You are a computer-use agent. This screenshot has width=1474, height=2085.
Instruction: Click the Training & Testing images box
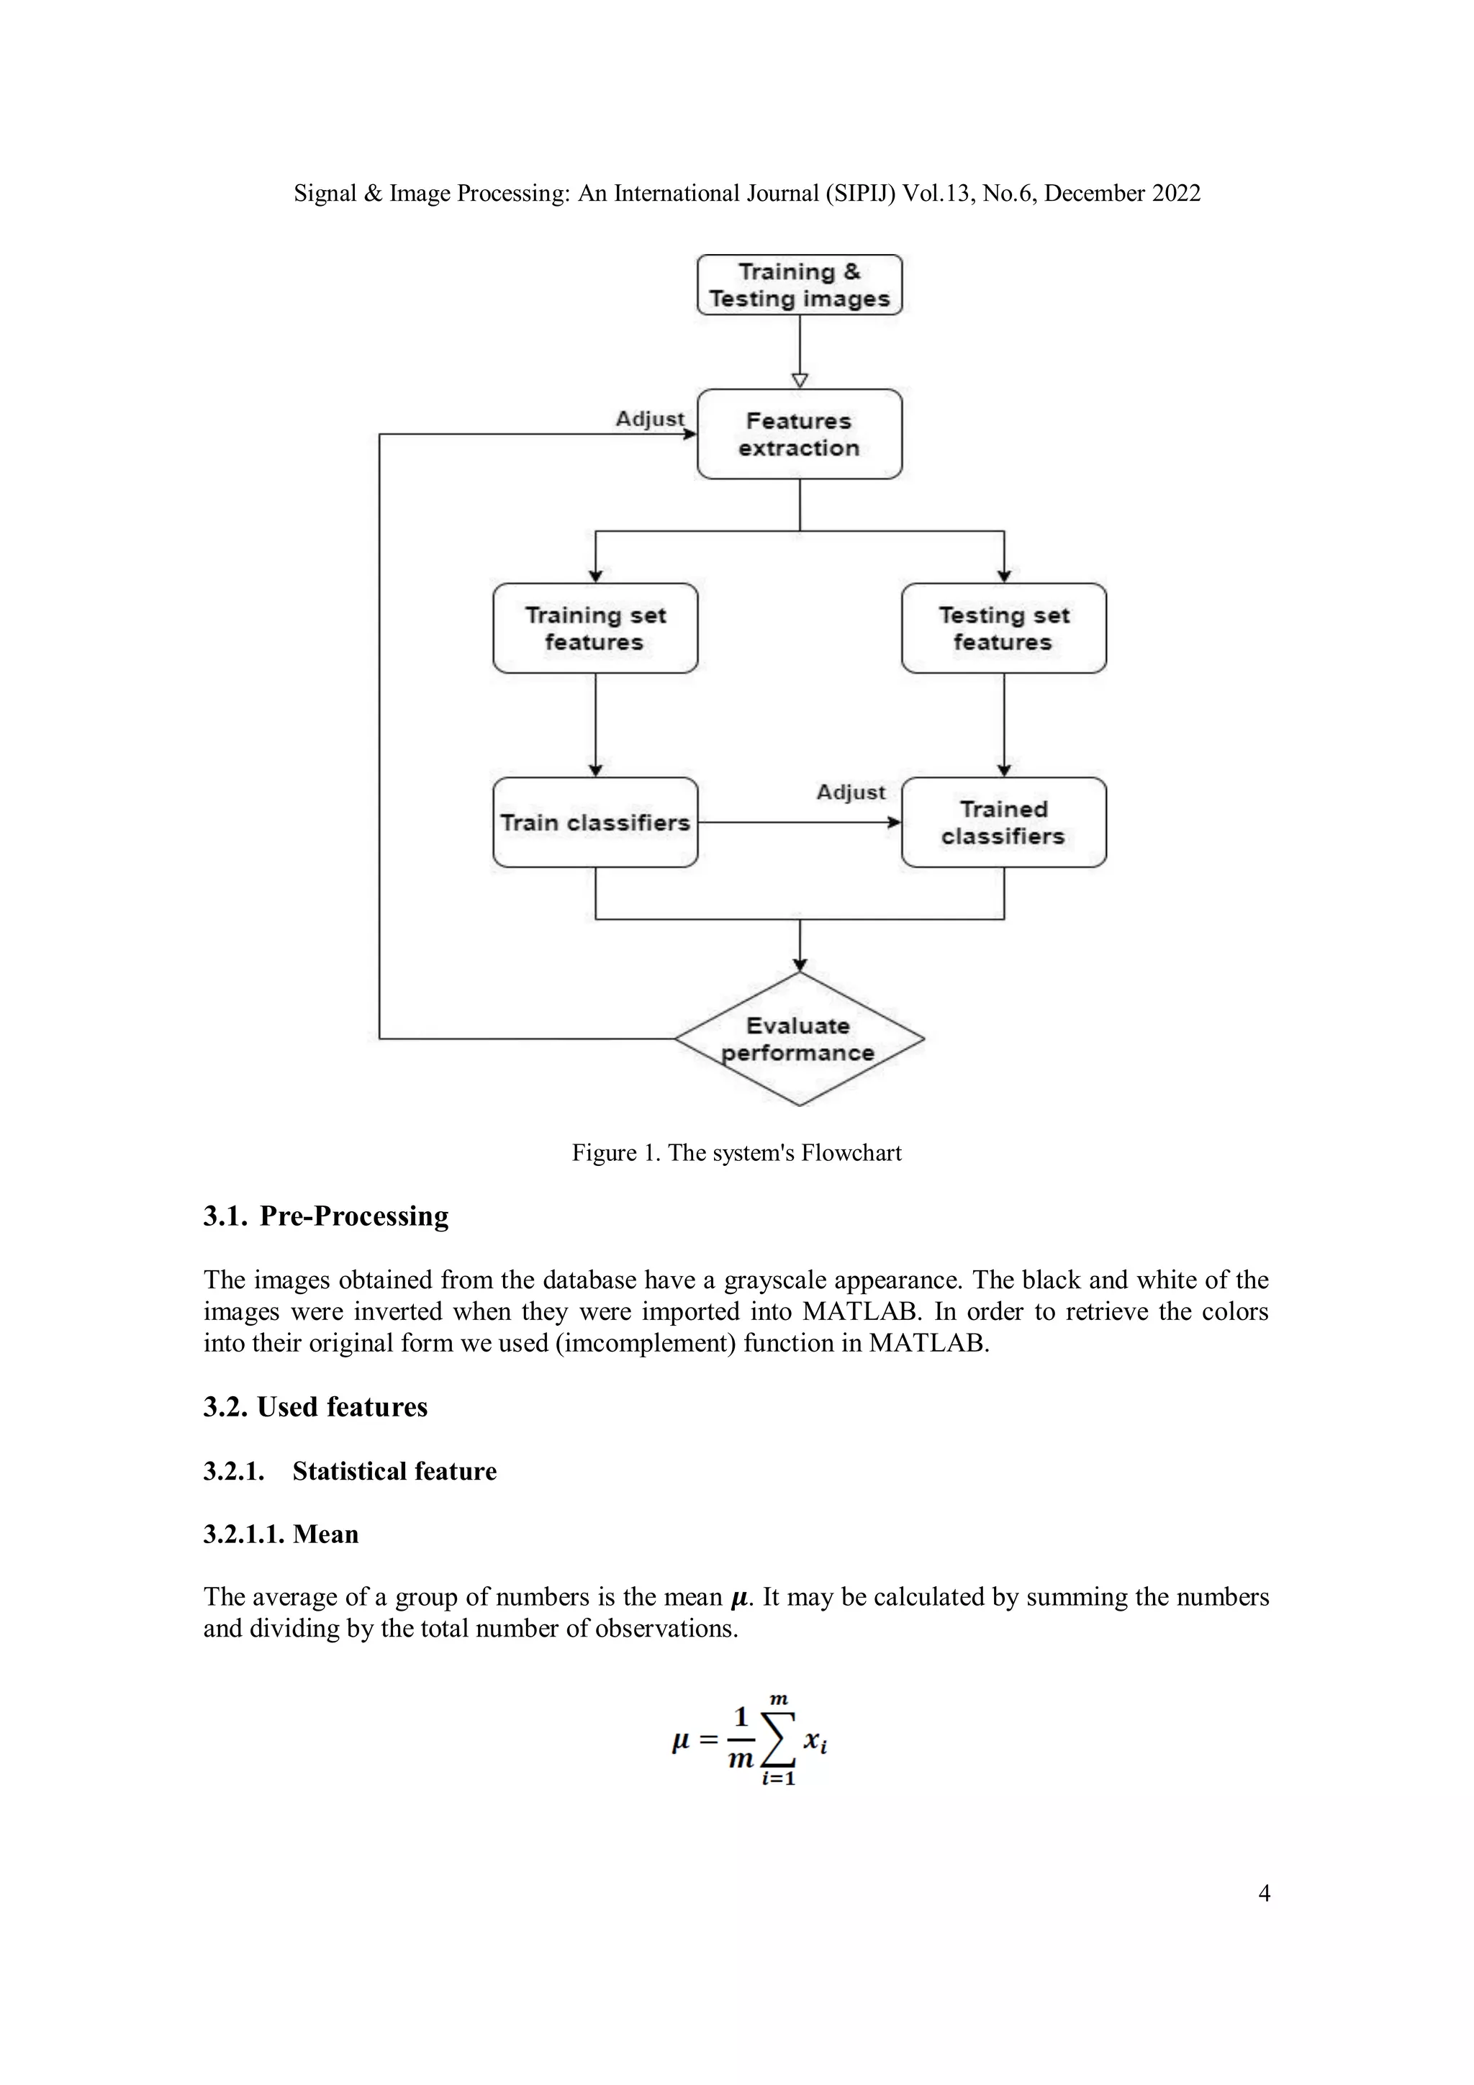[799, 285]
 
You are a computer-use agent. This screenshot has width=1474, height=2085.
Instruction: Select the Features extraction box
[799, 434]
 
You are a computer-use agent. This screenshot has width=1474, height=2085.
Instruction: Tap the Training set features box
[595, 628]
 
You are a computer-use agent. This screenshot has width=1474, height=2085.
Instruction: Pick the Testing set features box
[1003, 628]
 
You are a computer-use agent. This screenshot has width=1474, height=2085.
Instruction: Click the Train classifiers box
[595, 823]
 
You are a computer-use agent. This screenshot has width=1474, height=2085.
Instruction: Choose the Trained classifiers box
[1003, 823]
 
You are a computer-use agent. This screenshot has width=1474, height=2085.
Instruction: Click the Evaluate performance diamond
[799, 1039]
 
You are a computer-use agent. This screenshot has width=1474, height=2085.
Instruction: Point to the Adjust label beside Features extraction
[649, 419]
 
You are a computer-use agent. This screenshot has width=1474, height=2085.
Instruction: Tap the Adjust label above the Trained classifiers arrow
[850, 792]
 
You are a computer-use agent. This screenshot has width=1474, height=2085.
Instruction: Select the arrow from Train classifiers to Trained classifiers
[799, 823]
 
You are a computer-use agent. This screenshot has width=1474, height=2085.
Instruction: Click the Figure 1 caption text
[736, 1152]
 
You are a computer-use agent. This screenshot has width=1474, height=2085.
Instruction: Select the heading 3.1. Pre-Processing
[326, 1216]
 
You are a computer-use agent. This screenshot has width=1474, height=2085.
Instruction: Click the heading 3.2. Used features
[315, 1406]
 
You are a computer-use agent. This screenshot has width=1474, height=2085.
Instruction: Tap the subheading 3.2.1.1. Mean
[281, 1534]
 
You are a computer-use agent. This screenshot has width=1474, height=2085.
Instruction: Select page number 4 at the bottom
[1263, 1894]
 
